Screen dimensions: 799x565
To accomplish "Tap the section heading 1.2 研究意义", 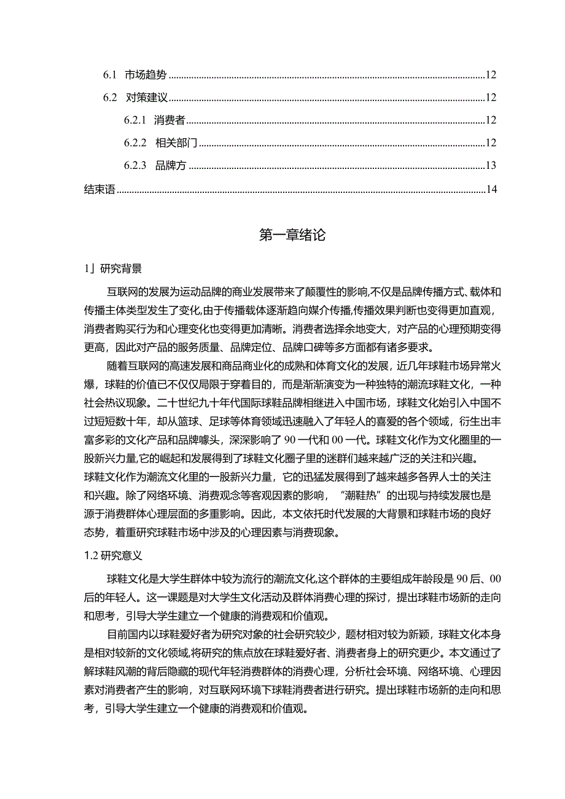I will click(x=113, y=555).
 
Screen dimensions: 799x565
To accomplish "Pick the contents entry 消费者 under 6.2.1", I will click(x=170, y=120).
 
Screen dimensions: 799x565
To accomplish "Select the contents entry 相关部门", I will click(x=176, y=143).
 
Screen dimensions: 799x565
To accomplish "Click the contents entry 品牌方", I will click(x=170, y=166).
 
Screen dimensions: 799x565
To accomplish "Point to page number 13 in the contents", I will click(x=490, y=166).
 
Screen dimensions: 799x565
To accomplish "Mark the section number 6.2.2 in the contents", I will click(x=134, y=143).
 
